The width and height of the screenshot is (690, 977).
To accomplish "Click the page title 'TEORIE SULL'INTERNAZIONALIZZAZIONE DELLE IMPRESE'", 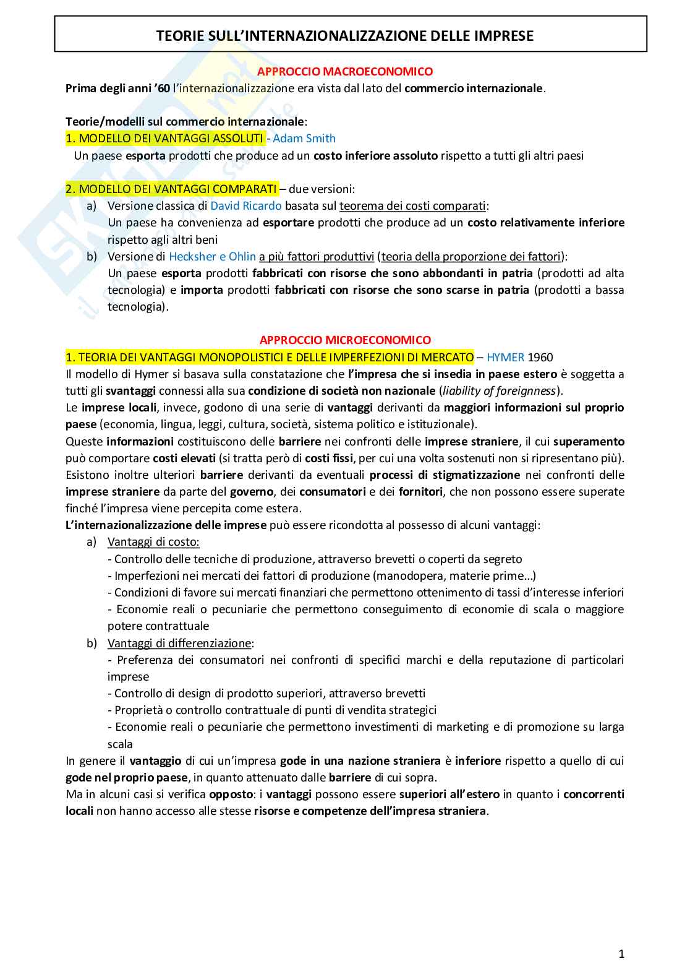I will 345,36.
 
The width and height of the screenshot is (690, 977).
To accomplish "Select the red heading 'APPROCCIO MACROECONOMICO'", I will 345,72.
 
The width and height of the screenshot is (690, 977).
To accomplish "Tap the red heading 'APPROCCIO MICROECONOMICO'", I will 345,340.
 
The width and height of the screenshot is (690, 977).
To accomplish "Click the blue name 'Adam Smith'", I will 304,139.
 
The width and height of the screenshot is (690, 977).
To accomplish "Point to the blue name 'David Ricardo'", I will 246,206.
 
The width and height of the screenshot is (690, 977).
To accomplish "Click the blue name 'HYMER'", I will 505,357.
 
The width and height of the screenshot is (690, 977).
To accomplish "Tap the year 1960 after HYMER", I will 540,357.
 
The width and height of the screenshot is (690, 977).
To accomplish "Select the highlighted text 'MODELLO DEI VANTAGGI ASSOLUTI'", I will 171,139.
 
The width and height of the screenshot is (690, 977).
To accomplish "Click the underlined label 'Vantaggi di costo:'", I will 153,542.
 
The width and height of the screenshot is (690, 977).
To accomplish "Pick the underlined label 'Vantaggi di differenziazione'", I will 179,643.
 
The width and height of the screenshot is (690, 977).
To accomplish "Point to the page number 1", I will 621,953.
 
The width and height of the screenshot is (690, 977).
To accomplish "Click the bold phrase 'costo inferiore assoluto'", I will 375,156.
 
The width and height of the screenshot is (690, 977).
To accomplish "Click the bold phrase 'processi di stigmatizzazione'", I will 445,475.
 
